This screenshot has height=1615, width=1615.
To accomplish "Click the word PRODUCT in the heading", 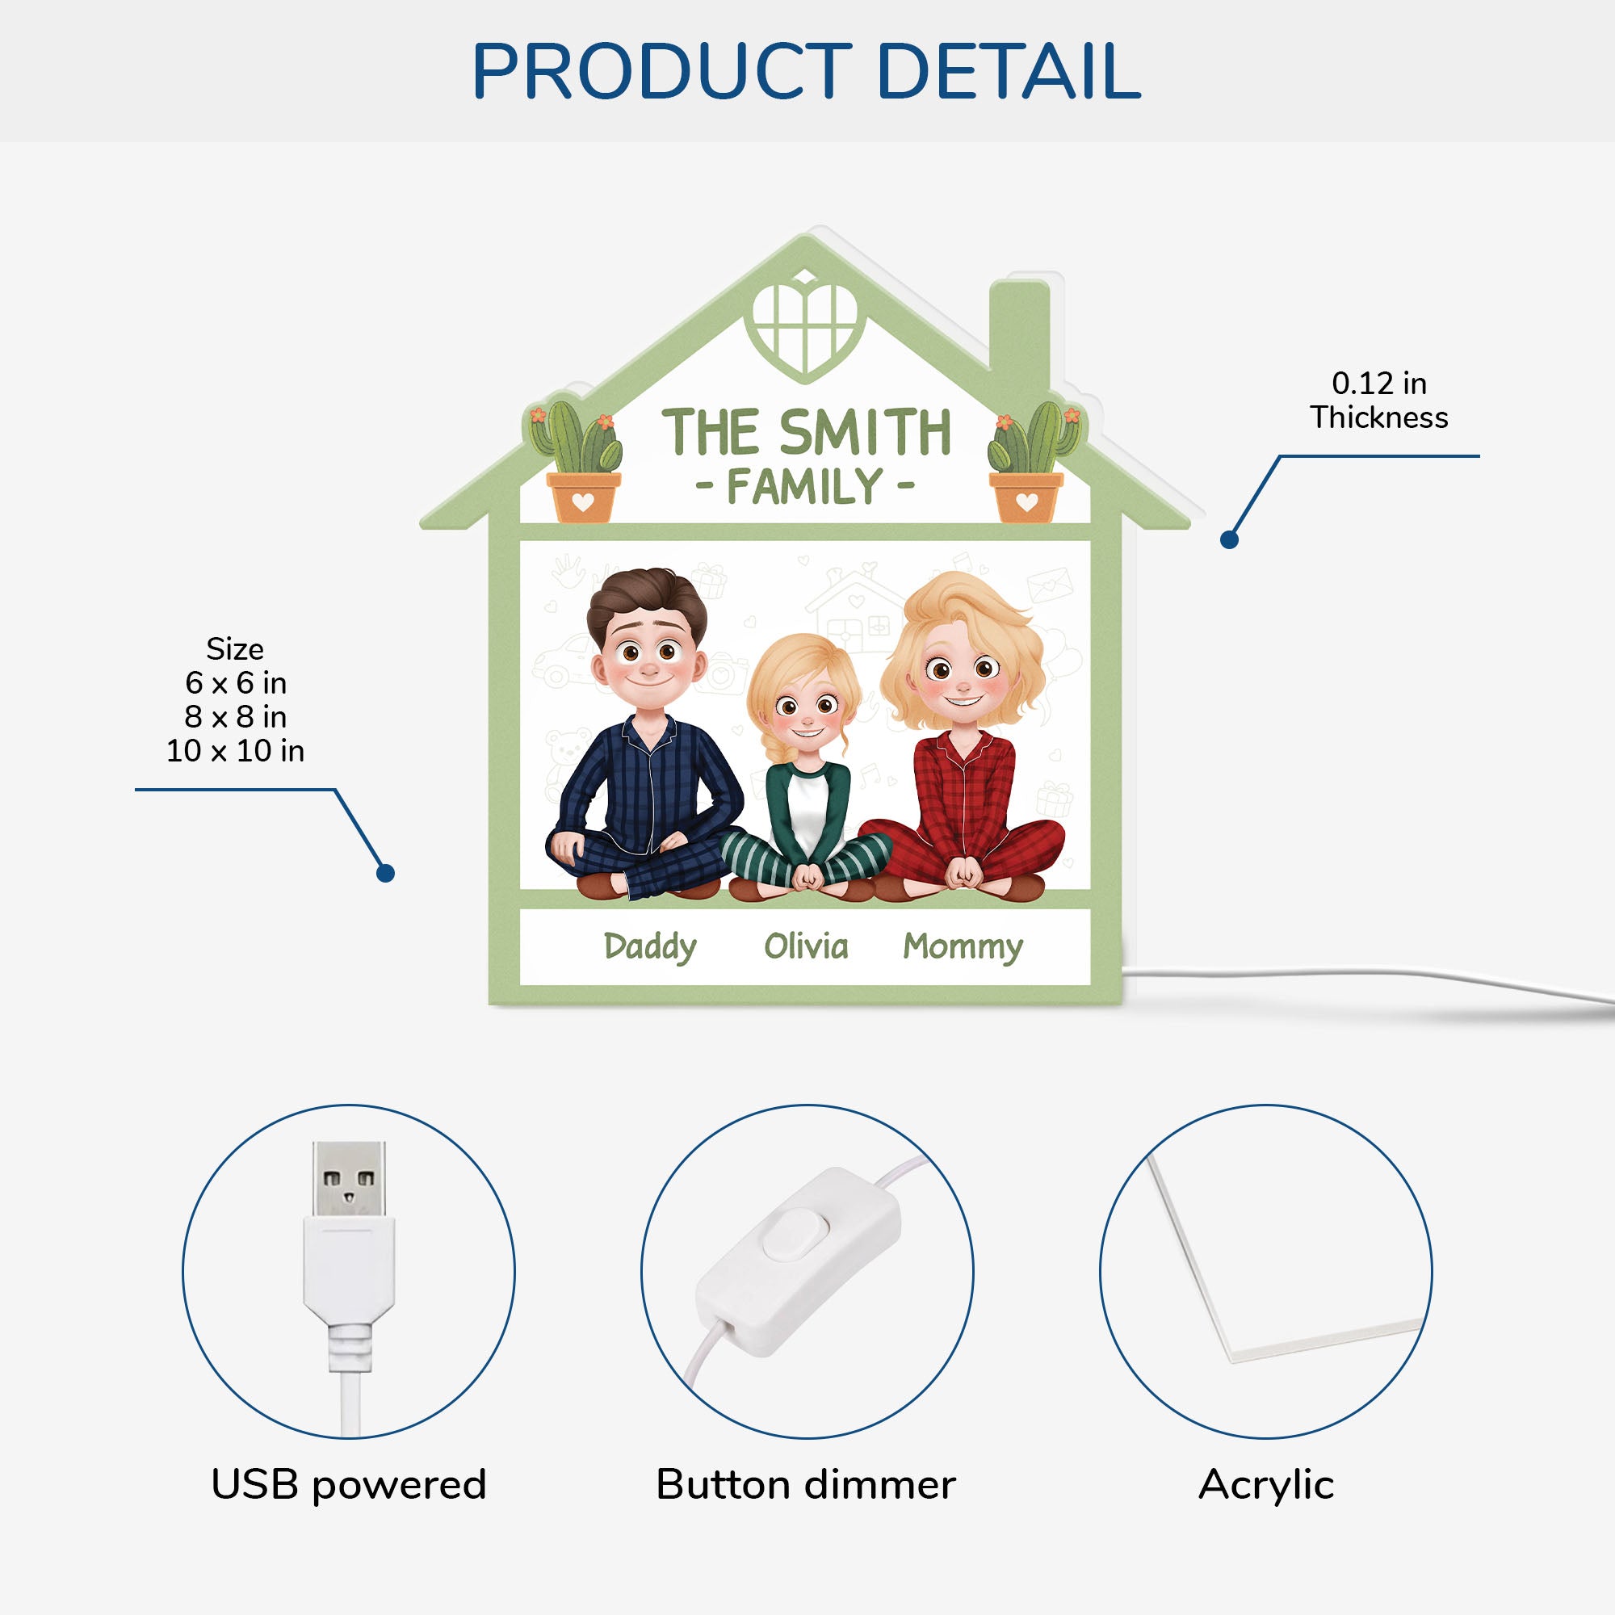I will click(661, 72).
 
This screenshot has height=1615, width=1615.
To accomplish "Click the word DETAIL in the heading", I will click(1008, 72).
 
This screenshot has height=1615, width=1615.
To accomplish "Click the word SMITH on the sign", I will click(865, 433).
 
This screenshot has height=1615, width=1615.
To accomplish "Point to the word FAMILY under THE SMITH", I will click(805, 486).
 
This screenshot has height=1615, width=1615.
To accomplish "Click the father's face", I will click(648, 657).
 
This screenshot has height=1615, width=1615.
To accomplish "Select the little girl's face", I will click(805, 711).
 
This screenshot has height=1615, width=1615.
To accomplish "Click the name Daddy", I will click(649, 947).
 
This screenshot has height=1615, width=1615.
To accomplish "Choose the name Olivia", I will click(806, 946).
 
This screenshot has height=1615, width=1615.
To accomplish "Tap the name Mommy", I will click(963, 947).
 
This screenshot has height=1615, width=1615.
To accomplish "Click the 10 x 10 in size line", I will click(235, 751).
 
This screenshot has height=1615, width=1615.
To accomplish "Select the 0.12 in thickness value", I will click(1379, 384).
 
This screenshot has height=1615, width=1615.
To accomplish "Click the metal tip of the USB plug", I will click(349, 1179).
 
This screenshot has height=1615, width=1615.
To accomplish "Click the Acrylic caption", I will click(1265, 1485).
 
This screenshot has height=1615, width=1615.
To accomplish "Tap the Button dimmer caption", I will click(805, 1485).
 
